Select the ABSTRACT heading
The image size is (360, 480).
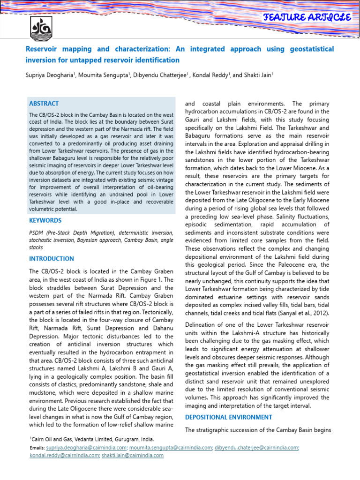(44, 104)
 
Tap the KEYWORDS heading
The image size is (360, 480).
(45, 220)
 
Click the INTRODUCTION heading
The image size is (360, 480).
(52, 259)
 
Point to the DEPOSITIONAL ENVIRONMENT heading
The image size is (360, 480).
(229, 417)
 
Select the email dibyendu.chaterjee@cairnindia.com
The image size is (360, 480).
(256, 448)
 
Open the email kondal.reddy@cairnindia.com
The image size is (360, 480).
(63, 455)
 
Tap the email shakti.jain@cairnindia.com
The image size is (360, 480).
(133, 455)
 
